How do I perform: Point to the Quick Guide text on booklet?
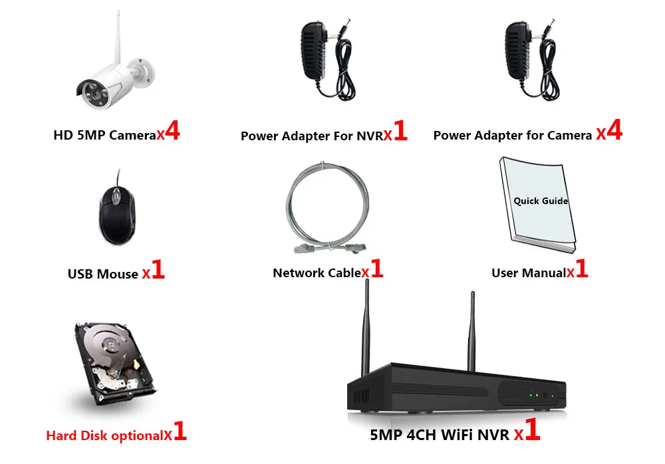click(x=541, y=201)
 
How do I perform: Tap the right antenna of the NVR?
click(x=472, y=329)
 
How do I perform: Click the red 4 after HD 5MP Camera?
click(x=172, y=130)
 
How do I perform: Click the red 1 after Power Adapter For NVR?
click(x=400, y=132)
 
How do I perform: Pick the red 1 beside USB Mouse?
click(x=158, y=270)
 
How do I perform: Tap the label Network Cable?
click(x=317, y=273)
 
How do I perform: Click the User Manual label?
click(x=528, y=273)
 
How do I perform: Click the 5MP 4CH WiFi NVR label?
click(x=440, y=435)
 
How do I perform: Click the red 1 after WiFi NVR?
click(x=533, y=431)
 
